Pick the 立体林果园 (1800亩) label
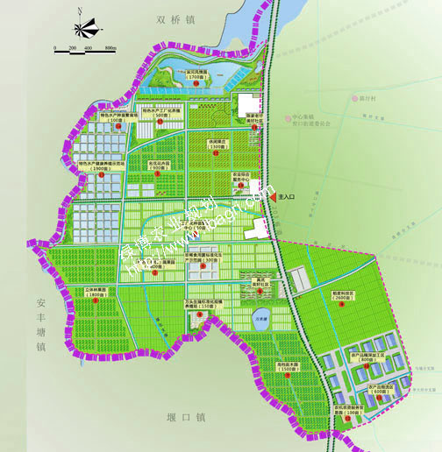tap(102, 292)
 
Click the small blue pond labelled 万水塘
tap(260, 319)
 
